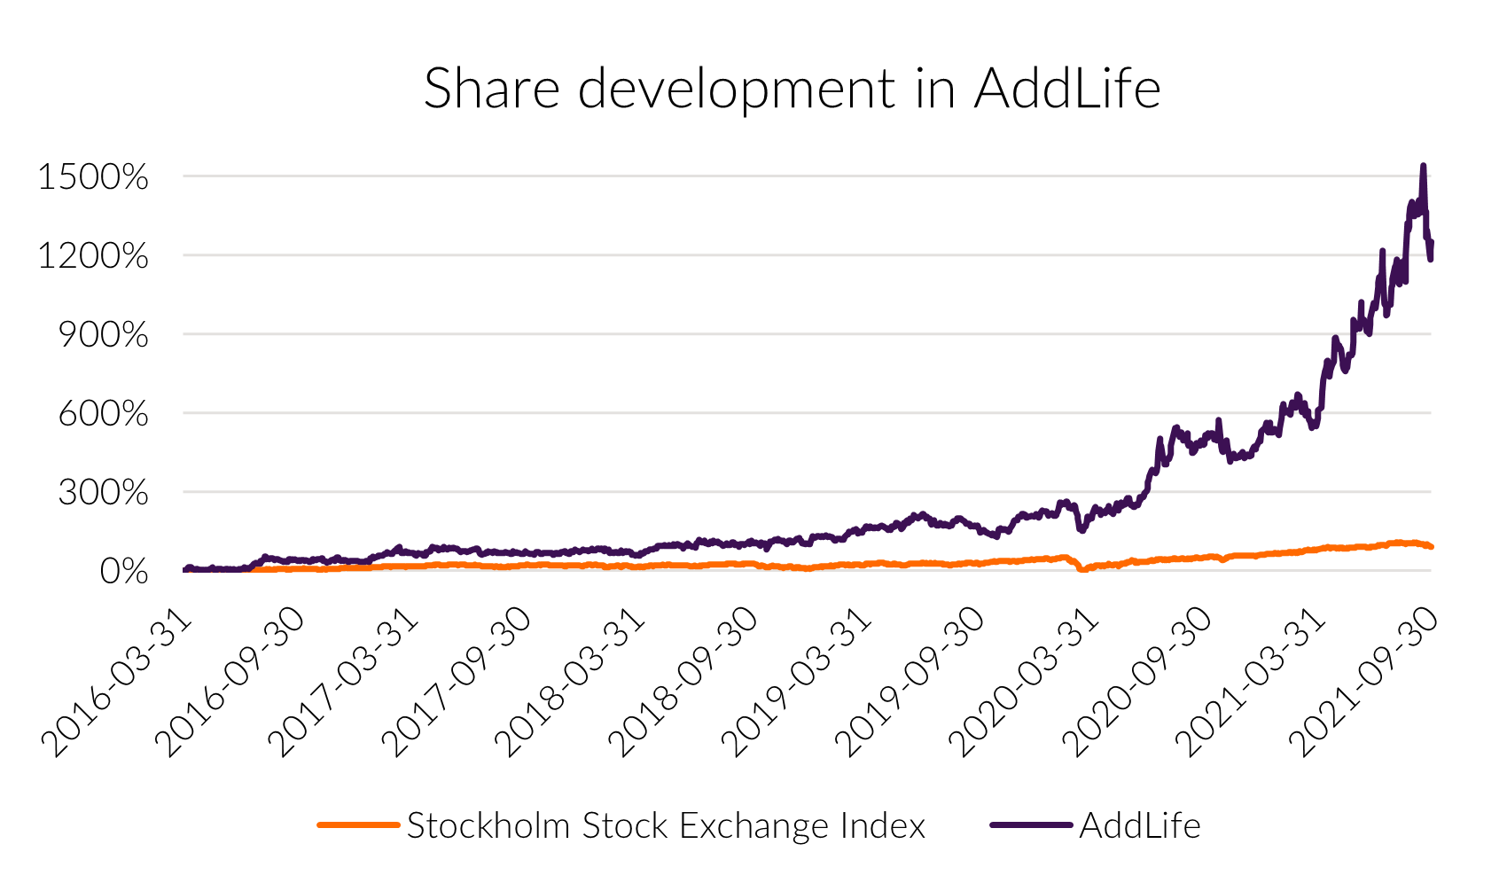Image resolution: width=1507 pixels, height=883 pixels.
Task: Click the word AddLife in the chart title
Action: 1066,89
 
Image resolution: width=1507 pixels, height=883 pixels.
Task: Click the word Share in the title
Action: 492,89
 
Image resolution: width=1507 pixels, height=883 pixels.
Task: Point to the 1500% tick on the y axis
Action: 93,177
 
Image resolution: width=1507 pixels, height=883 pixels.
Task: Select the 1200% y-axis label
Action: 93,256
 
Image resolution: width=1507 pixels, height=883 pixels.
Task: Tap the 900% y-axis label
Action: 103,335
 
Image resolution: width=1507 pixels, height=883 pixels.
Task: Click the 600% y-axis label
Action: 103,414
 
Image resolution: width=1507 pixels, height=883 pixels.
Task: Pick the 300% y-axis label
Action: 103,493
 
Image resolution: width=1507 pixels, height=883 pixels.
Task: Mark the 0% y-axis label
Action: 123,572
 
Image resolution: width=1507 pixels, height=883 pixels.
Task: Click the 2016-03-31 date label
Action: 117,683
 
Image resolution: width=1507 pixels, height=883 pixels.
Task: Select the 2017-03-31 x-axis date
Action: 344,683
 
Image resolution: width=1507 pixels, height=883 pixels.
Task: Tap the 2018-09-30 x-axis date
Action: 684,683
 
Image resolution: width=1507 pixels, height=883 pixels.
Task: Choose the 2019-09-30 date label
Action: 911,683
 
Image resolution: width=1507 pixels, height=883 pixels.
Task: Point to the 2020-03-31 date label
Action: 1025,683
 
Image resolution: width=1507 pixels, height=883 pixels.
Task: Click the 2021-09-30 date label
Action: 1365,683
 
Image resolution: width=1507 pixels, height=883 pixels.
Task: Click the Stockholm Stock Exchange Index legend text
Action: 666,826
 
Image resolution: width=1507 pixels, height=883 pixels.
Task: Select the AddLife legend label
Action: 1140,826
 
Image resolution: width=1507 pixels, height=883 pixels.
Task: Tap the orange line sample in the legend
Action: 358,825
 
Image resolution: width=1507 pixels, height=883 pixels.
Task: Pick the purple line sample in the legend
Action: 1031,825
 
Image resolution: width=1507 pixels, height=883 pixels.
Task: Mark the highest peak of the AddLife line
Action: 1423,166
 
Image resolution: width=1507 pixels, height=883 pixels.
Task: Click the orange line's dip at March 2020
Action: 1081,569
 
